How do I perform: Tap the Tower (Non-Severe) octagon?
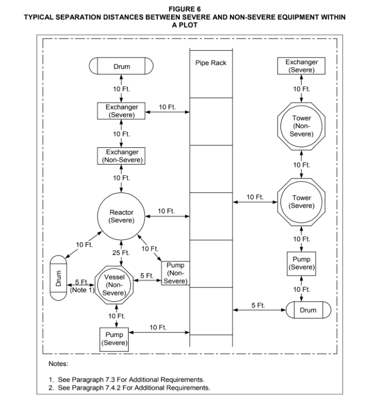click(301, 103)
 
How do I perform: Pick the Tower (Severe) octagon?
click(301, 179)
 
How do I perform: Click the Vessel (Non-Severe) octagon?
click(114, 267)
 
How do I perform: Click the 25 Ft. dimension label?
click(121, 253)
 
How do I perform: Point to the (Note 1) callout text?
click(82, 290)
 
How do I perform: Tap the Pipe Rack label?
click(211, 62)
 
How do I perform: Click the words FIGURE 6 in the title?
click(185, 9)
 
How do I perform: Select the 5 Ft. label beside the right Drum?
click(258, 305)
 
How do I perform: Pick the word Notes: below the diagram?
click(59, 364)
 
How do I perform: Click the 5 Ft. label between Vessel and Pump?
click(147, 276)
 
